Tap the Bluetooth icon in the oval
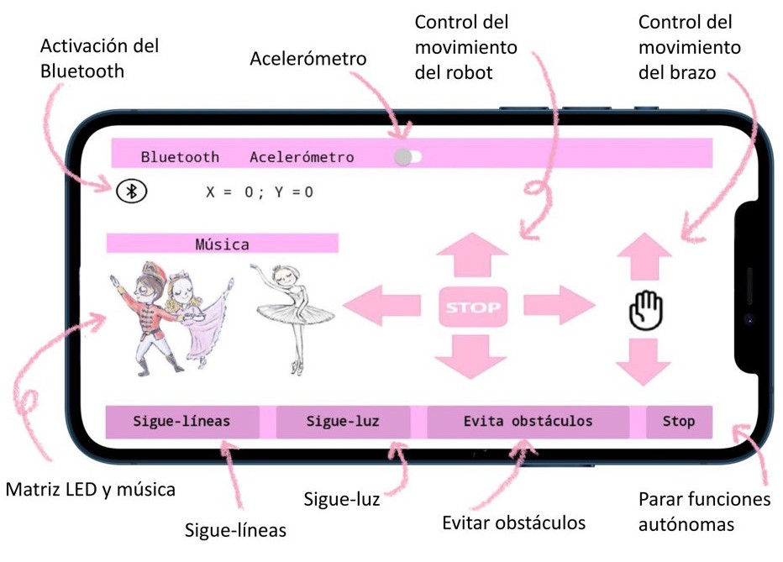coord(131,192)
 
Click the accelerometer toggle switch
coord(407,156)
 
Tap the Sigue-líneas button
coord(181,422)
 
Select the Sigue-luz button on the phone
coord(343,422)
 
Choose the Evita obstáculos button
coord(528,422)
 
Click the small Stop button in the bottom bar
coord(679,422)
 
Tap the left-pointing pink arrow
coord(381,303)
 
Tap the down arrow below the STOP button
coord(471,356)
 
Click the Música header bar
coord(223,244)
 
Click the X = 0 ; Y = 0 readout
coord(260,192)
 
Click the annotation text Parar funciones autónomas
coord(704,512)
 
